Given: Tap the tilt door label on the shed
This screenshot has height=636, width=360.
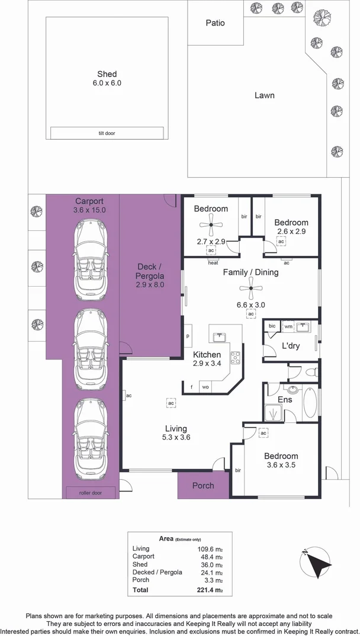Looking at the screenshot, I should tap(107, 133).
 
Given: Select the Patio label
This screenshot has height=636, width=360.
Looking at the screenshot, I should tap(216, 23).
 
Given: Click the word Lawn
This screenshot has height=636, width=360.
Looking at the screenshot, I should tap(264, 95).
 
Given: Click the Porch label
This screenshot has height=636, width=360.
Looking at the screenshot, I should tap(203, 486).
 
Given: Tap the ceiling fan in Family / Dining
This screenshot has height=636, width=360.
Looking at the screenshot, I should tap(250, 288).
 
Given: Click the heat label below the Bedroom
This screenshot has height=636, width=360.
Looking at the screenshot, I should tap(213, 262).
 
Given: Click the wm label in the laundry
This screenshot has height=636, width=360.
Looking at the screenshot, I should tap(288, 326).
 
